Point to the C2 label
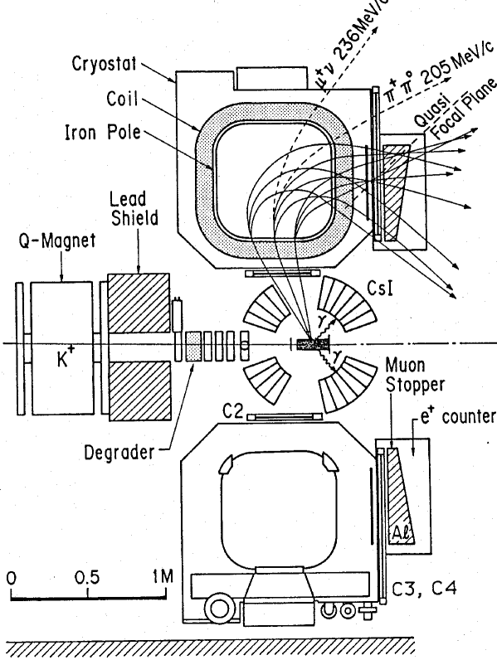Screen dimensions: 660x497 (214, 411)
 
